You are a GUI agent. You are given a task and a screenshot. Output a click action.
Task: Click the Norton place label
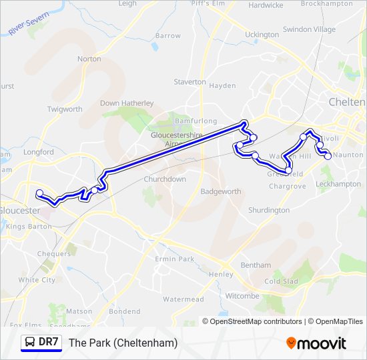click(x=89, y=59)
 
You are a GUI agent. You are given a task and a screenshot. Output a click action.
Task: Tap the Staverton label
click(x=190, y=81)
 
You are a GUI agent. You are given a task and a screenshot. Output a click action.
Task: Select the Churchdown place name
click(x=165, y=179)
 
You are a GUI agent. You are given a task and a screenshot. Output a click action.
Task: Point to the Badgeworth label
click(x=221, y=191)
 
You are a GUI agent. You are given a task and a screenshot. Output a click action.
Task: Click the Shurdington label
click(x=269, y=210)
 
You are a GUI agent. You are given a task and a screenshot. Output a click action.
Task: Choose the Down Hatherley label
click(x=127, y=103)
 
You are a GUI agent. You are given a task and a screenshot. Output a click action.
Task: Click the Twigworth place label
click(x=65, y=109)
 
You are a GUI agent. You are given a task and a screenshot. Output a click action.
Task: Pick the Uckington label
click(x=262, y=35)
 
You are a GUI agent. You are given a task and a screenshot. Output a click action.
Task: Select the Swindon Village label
click(x=309, y=29)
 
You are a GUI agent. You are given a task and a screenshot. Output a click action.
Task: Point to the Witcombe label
click(x=242, y=296)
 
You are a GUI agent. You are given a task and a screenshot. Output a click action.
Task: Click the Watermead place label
click(x=183, y=299)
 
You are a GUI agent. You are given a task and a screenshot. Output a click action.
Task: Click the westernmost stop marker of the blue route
click(x=39, y=193)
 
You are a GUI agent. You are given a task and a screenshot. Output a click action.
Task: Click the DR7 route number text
click(x=49, y=343)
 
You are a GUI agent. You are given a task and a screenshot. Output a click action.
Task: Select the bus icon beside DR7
click(x=30, y=343)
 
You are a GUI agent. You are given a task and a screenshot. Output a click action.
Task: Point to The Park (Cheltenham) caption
click(x=123, y=343)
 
